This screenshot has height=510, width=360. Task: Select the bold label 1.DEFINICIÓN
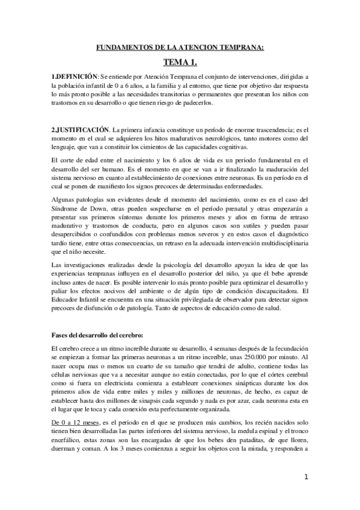tap(74, 78)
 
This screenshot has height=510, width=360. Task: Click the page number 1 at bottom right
tap(306, 477)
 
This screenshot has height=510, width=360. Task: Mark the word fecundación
tap(287, 347)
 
